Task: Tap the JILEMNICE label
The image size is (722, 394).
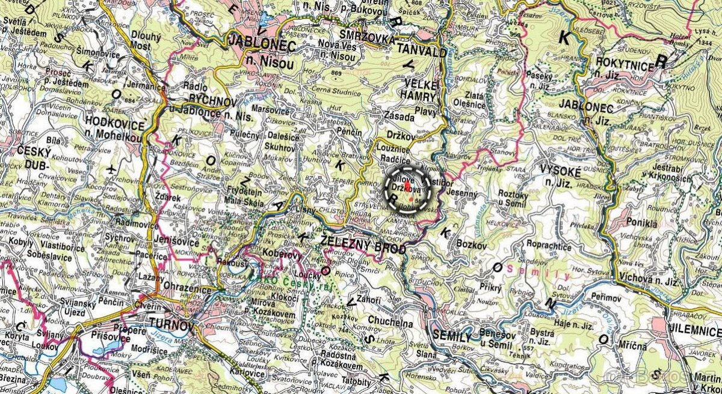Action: coord(694,329)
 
